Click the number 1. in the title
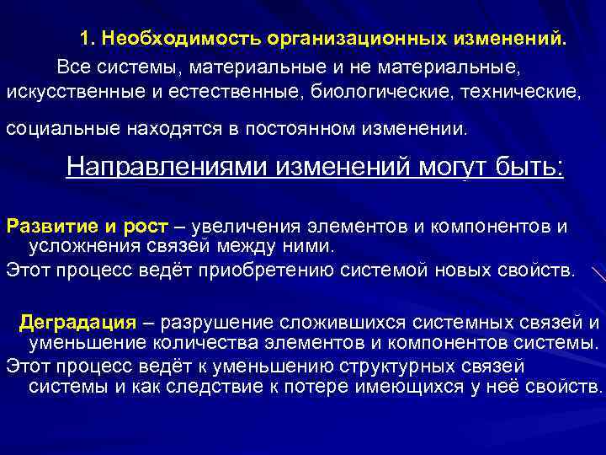click(x=88, y=39)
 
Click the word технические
click(x=519, y=89)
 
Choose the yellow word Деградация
click(x=77, y=322)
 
